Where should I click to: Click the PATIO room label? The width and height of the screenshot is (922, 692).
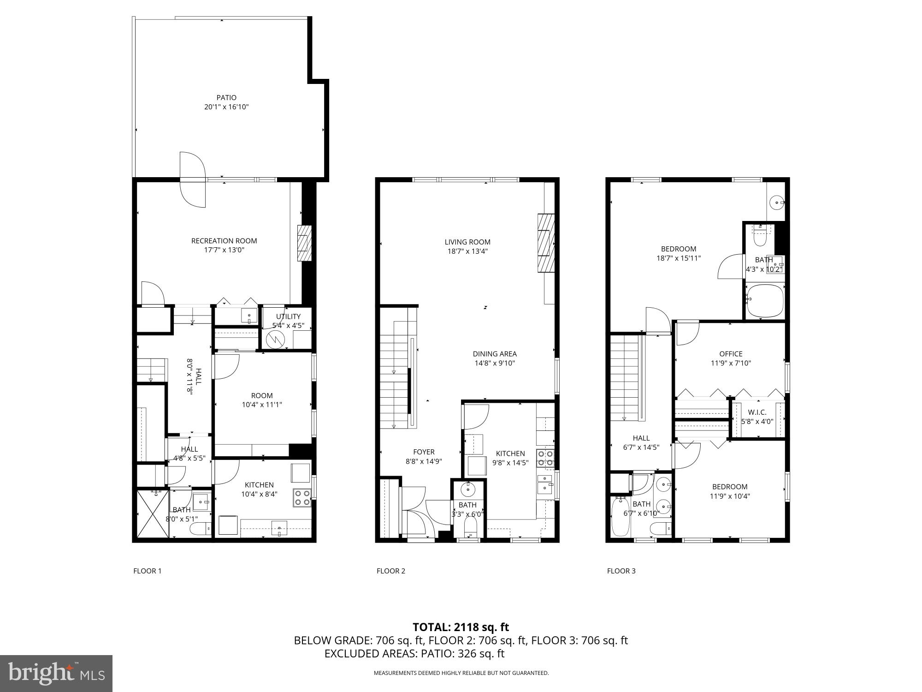click(x=226, y=97)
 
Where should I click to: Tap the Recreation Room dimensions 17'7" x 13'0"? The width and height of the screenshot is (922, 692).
click(x=224, y=250)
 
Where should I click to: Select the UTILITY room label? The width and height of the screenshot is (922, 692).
click(x=288, y=316)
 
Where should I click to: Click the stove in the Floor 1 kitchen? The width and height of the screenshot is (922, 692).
click(x=302, y=497)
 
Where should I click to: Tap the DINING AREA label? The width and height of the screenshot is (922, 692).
click(x=495, y=354)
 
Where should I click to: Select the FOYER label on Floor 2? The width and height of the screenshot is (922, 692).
click(x=424, y=452)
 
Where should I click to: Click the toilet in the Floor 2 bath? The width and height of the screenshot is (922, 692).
click(x=470, y=526)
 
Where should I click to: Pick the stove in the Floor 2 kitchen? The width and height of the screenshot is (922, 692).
click(x=545, y=458)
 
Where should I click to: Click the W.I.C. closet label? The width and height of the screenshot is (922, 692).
click(x=757, y=412)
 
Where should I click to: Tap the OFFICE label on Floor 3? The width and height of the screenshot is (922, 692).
click(x=731, y=354)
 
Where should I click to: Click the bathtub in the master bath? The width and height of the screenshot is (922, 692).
click(x=765, y=300)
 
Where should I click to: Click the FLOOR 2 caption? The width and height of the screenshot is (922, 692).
click(x=391, y=571)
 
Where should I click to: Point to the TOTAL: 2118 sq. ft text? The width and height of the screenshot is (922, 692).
click(x=461, y=627)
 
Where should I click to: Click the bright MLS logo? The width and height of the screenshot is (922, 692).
click(x=56, y=674)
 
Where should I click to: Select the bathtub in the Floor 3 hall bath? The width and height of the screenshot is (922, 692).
click(x=621, y=517)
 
